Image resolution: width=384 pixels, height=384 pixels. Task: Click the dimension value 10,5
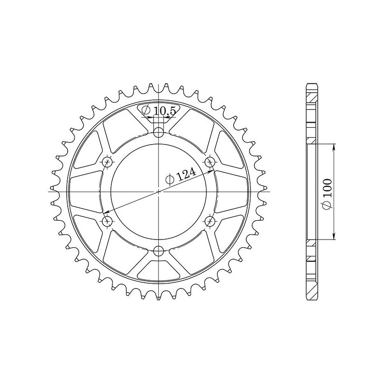[165, 111]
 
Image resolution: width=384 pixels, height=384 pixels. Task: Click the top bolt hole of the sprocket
[159, 132]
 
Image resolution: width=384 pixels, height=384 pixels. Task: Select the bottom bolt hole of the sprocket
[159, 250]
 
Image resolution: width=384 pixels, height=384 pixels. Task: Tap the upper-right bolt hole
[210, 161]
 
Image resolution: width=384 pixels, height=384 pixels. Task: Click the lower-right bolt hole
[210, 221]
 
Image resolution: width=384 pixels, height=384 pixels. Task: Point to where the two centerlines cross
[159, 191]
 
